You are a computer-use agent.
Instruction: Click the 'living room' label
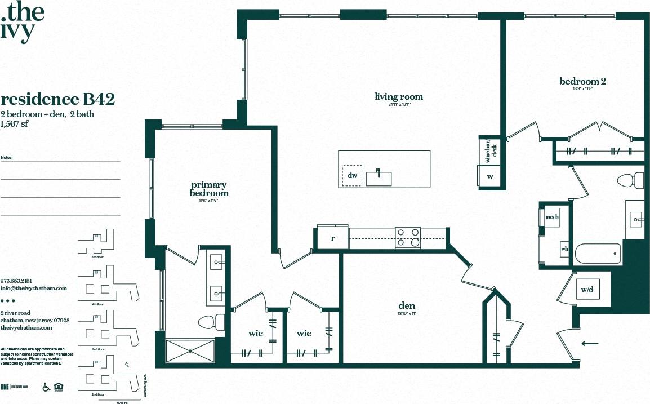398,97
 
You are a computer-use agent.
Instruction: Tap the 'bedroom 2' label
582,82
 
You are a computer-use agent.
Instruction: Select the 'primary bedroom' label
208,189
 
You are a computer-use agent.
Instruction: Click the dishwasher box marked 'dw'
353,176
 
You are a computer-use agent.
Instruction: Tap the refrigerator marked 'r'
332,238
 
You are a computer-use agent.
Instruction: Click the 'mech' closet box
552,217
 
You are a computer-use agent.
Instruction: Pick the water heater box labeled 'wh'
564,250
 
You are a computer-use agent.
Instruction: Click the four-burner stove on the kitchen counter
408,237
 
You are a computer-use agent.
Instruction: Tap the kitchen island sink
380,177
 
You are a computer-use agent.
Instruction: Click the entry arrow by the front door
590,343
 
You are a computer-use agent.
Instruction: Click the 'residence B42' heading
58,100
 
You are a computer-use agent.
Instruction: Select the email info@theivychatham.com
34,288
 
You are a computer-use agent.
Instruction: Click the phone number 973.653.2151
16,280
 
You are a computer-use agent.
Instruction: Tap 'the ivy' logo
23,20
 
